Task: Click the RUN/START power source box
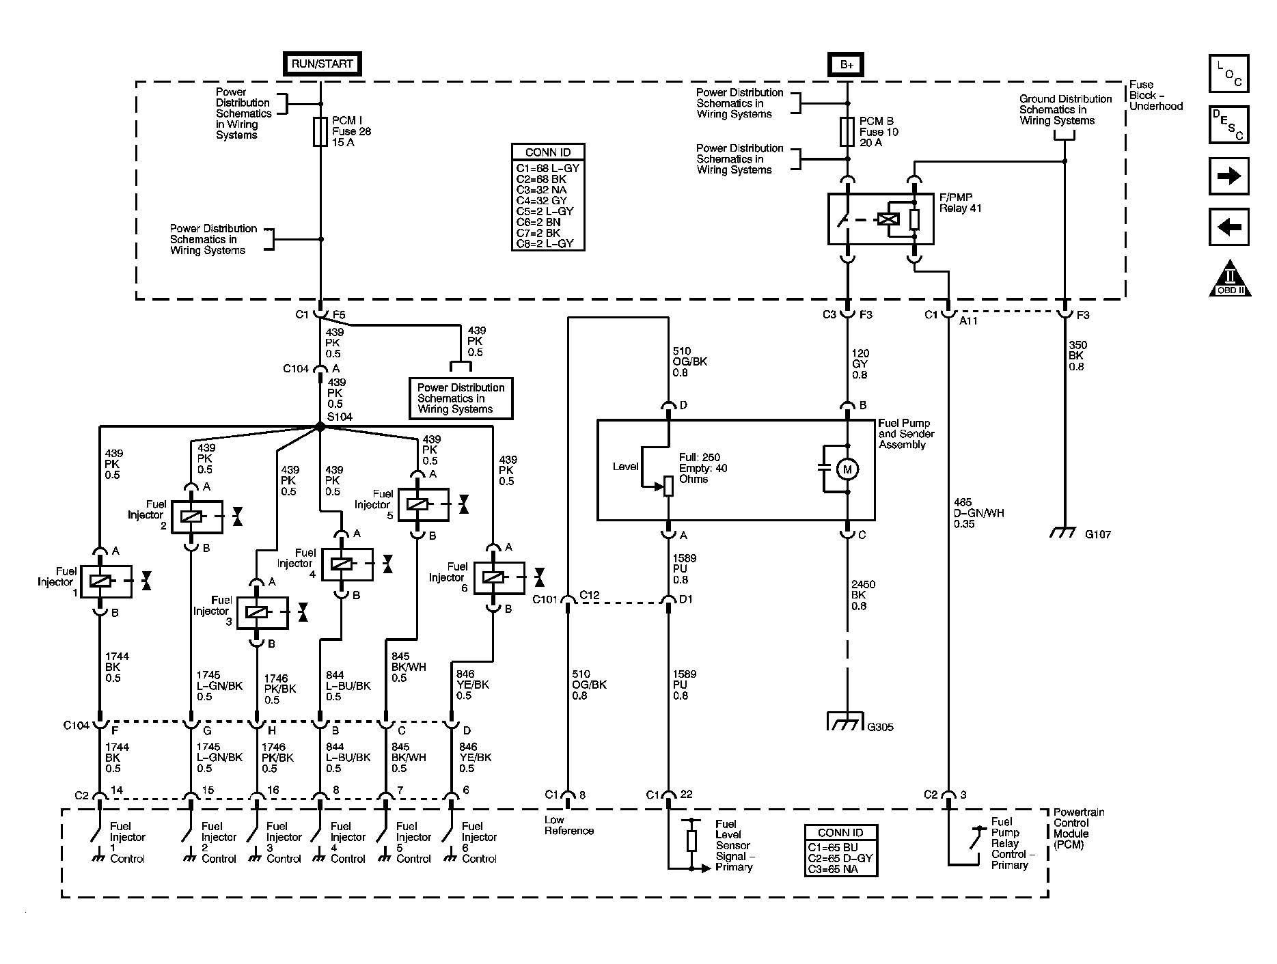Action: coord(322,64)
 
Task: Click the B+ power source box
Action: coord(847,64)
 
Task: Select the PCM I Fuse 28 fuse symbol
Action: coord(320,131)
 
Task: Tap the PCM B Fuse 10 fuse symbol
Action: coord(847,131)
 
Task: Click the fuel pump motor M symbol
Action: coord(848,469)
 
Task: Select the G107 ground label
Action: coord(1097,534)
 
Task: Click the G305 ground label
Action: coord(880,727)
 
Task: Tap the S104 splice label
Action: coord(340,416)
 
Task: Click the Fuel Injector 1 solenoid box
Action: coord(106,581)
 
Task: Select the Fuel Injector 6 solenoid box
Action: coord(498,578)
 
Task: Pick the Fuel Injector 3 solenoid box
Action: coord(262,613)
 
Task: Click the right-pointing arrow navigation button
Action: coord(1228,176)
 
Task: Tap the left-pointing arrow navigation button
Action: coord(1228,227)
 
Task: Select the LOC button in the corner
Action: coord(1228,74)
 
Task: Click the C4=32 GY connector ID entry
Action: coord(541,200)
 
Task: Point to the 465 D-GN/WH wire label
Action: coord(978,513)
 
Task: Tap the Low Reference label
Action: coord(568,825)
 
